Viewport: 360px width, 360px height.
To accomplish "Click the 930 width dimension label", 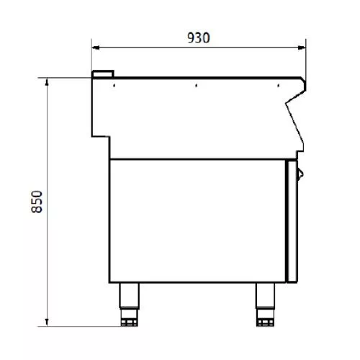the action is click(199, 37).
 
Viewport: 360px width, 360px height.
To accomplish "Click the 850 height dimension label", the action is click(37, 202).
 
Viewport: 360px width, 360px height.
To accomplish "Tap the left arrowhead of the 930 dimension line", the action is click(96, 48).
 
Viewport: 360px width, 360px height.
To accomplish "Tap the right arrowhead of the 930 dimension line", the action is click(302, 48).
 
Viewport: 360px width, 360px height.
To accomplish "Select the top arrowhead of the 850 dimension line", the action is click(47, 82).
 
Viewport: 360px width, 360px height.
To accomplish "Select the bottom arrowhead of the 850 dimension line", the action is click(47, 323).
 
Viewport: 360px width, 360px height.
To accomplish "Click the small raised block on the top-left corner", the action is click(103, 74).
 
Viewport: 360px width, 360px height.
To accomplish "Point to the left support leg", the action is click(129, 295).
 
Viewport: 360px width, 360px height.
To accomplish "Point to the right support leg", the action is click(265, 295).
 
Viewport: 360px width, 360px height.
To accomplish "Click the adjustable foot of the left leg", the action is click(129, 318).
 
